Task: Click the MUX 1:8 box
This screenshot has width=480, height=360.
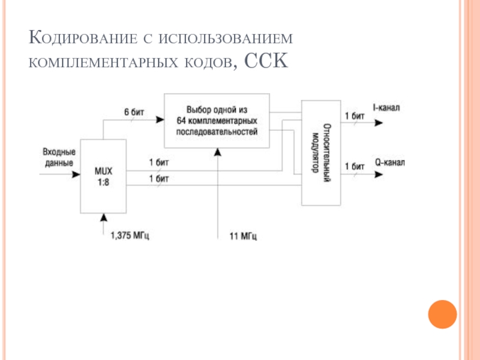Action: pyautogui.click(x=103, y=176)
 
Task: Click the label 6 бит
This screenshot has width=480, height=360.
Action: pyautogui.click(x=134, y=112)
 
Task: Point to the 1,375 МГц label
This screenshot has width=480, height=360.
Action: pyautogui.click(x=130, y=235)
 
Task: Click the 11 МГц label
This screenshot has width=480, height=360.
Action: pyautogui.click(x=244, y=236)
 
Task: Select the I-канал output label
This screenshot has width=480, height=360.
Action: pyautogui.click(x=386, y=108)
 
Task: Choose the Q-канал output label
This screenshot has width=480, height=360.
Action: pyautogui.click(x=390, y=162)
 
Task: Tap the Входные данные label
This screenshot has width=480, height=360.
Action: pyautogui.click(x=59, y=158)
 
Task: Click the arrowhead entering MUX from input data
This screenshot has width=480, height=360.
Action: pyautogui.click(x=76, y=175)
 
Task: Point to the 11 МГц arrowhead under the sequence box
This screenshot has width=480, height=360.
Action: pyautogui.click(x=218, y=152)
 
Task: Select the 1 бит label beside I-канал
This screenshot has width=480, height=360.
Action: pyautogui.click(x=355, y=115)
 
